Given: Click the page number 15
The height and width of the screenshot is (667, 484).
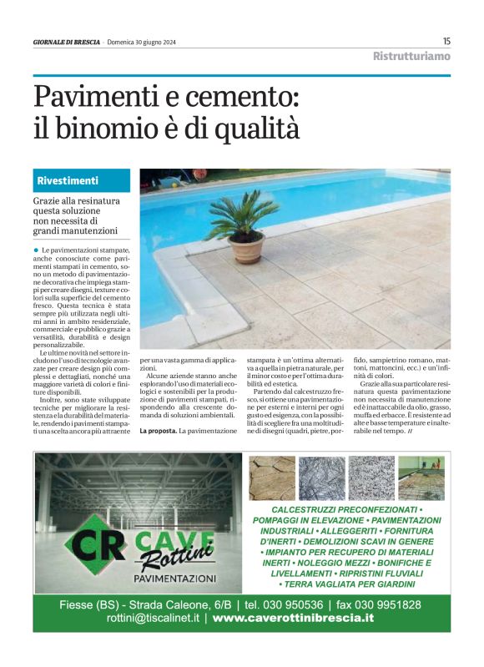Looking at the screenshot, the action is tap(446, 41).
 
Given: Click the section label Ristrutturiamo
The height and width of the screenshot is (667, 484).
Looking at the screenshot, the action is tap(411, 57).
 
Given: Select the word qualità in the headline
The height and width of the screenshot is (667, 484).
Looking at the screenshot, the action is tap(258, 129).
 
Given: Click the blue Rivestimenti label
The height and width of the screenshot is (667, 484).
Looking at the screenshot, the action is tap(68, 180).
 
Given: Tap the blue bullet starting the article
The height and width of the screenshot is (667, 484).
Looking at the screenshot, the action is tap(37, 250).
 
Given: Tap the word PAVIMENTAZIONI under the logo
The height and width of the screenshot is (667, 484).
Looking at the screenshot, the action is tap(174, 578).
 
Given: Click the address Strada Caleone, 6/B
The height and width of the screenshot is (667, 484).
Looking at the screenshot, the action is tap(182, 604).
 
